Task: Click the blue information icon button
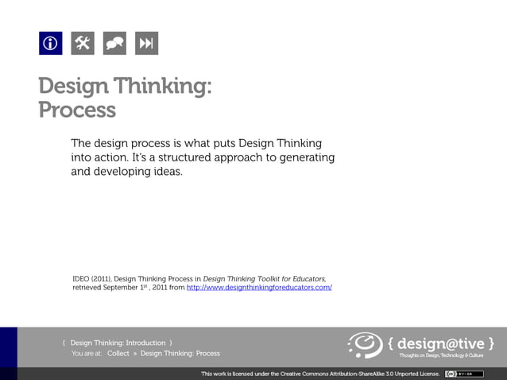pyautogui.click(x=50, y=44)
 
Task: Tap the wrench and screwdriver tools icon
pyautogui.click(x=83, y=44)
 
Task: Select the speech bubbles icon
pyautogui.click(x=114, y=44)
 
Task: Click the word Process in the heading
pyautogui.click(x=77, y=109)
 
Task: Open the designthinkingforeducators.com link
pyautogui.click(x=258, y=287)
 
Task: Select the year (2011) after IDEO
pyautogui.click(x=101, y=278)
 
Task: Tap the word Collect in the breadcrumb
pyautogui.click(x=118, y=353)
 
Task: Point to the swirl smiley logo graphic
pyautogui.click(x=366, y=345)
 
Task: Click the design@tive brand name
pyautogui.click(x=441, y=343)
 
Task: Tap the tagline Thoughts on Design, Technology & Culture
pyautogui.click(x=447, y=355)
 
